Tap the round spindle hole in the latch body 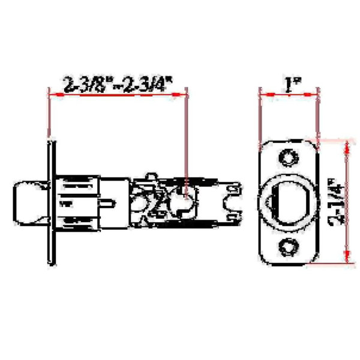click(184, 202)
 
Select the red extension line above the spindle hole click(188, 138)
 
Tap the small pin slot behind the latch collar click(109, 203)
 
